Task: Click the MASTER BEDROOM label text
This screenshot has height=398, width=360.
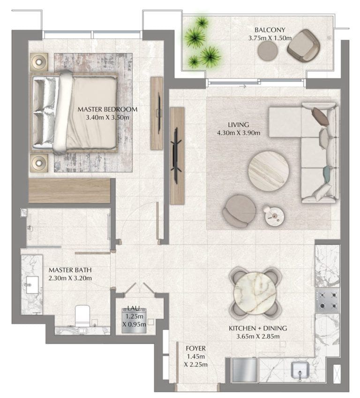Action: [107, 109]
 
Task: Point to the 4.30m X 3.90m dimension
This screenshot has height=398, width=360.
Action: [238, 133]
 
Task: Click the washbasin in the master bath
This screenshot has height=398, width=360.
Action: [32, 284]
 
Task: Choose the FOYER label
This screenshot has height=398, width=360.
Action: [195, 348]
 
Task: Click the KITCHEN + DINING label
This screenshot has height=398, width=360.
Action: [257, 328]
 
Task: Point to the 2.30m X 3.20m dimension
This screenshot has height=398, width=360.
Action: [70, 278]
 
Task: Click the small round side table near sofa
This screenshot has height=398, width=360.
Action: [273, 215]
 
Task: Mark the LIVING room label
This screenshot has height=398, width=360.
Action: [238, 125]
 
